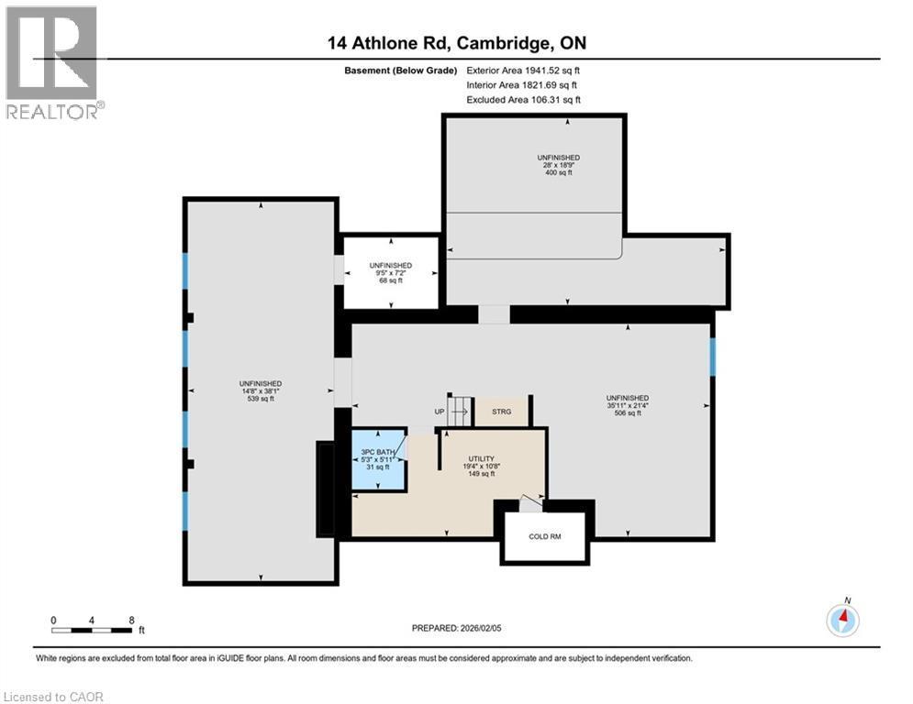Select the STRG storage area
(x=501, y=412)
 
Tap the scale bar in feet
(x=92, y=629)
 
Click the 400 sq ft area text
(x=558, y=173)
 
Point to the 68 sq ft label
(x=390, y=280)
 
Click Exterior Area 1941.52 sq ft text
(x=524, y=70)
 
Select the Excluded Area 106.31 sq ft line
(x=524, y=100)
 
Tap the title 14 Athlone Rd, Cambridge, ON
(x=456, y=43)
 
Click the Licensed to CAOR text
(x=53, y=697)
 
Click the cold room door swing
(x=529, y=501)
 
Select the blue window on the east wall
(x=713, y=357)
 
